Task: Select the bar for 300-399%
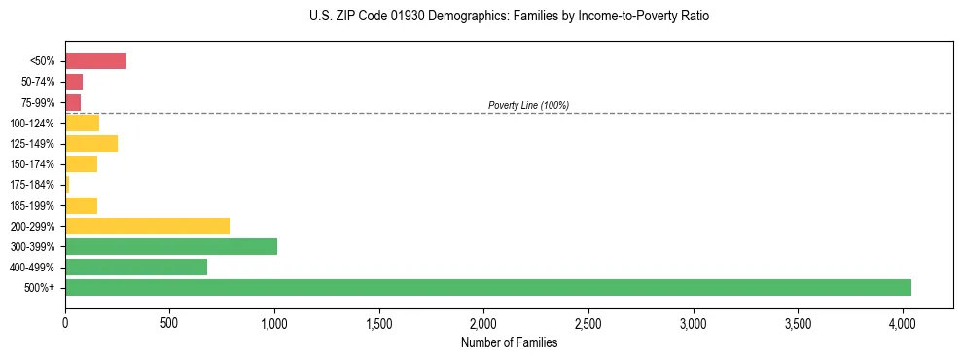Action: click(x=171, y=246)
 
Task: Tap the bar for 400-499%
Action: click(x=136, y=267)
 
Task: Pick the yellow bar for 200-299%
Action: click(x=147, y=226)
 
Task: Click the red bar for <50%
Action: click(x=95, y=61)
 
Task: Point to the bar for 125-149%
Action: click(x=91, y=143)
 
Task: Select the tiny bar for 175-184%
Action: click(x=67, y=184)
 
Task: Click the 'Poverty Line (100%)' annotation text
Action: click(x=528, y=105)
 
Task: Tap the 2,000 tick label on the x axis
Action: click(x=484, y=321)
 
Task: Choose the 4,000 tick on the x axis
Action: click(x=903, y=321)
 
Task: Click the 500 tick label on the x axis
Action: click(x=169, y=321)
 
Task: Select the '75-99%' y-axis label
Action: click(x=38, y=102)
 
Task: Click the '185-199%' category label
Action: click(x=34, y=205)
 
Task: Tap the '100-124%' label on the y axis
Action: click(x=34, y=124)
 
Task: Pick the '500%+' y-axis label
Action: click(x=41, y=288)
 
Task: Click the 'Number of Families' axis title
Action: click(x=509, y=342)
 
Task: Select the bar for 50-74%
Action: click(x=74, y=82)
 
